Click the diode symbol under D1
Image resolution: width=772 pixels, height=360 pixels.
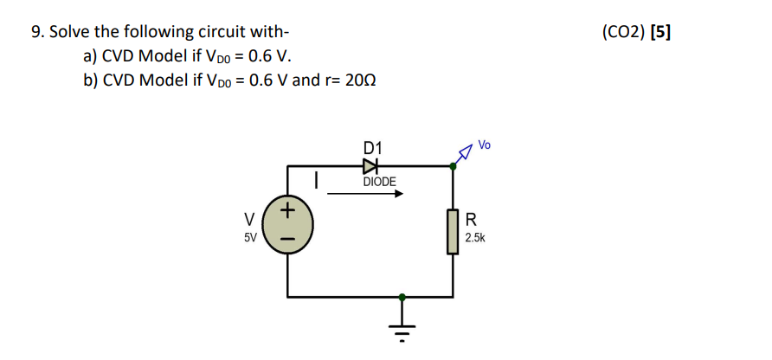[x=371, y=164]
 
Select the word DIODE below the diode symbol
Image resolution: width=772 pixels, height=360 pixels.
[x=379, y=182]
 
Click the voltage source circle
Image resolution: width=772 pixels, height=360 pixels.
[x=288, y=222]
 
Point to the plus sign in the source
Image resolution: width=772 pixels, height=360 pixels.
[x=288, y=209]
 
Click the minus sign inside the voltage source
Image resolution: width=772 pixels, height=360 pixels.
[x=288, y=236]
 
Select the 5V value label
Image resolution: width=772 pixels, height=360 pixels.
[x=249, y=236]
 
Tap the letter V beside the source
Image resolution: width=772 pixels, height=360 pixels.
[x=249, y=218]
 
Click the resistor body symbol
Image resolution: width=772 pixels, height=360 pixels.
[x=452, y=231]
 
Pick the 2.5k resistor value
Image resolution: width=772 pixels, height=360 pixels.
[x=475, y=236]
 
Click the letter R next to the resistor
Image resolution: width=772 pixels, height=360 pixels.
[x=471, y=218]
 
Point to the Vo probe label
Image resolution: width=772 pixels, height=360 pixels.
[x=484, y=145]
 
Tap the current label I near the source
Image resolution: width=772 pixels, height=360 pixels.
[x=318, y=181]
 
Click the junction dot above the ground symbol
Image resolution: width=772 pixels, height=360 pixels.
[x=401, y=298]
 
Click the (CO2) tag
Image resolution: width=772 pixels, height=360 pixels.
[x=621, y=33]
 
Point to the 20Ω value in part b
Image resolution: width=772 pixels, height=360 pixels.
[x=358, y=80]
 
